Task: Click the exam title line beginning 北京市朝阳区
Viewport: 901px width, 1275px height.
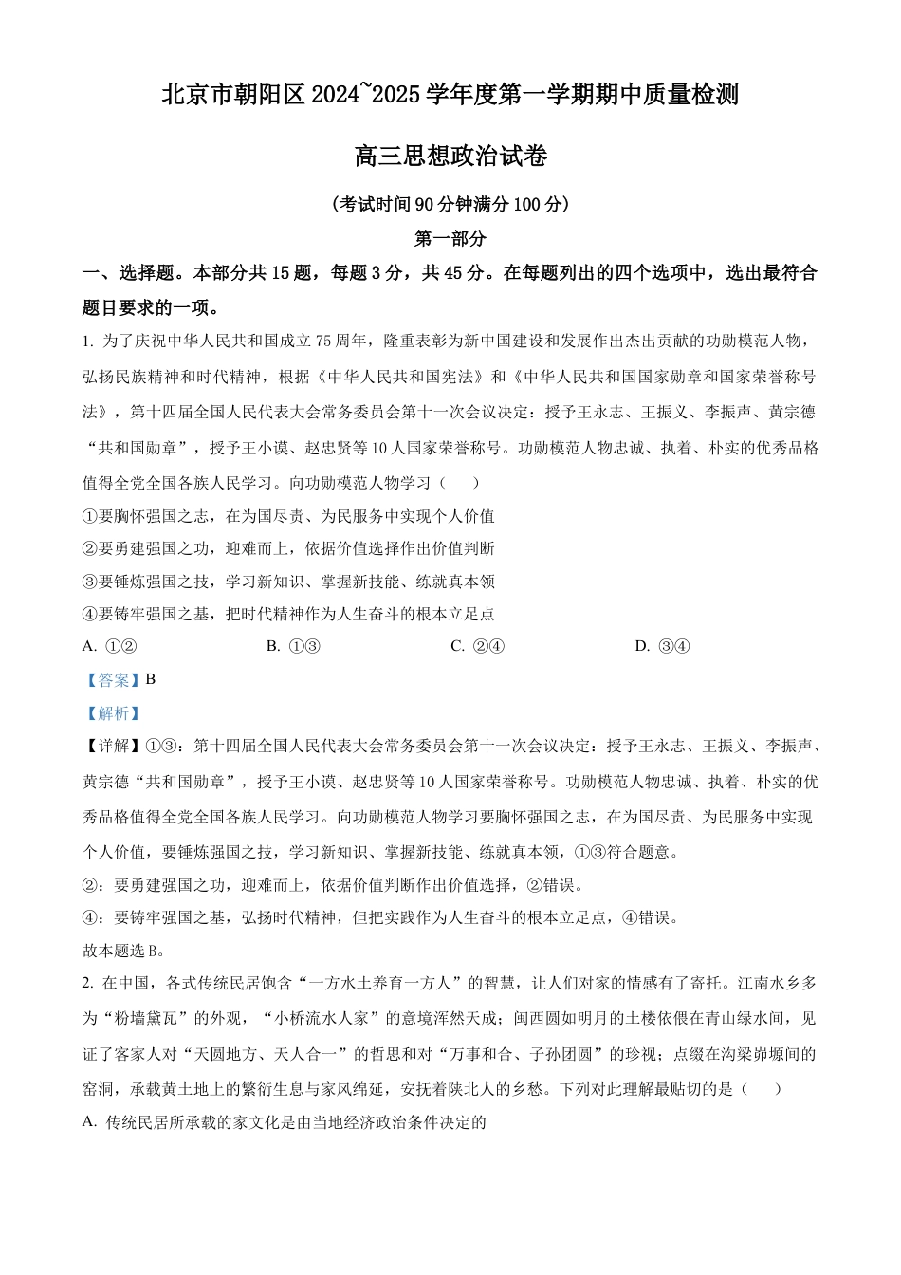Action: (450, 95)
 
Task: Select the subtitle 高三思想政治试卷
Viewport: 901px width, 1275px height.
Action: (450, 156)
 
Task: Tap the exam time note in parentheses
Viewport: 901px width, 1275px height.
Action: (450, 204)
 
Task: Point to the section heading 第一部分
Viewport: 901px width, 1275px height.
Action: (450, 238)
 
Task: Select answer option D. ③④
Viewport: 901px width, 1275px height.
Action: (662, 646)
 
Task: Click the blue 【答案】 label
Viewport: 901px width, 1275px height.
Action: (111, 679)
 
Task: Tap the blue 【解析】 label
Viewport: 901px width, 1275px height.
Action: (111, 713)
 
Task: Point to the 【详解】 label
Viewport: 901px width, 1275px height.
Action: (111, 746)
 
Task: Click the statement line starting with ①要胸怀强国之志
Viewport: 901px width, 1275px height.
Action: (288, 517)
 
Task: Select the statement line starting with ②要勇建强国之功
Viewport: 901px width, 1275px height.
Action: (288, 548)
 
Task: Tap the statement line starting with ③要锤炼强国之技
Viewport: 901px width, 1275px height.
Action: (288, 582)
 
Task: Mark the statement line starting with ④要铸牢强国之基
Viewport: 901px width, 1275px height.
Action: (288, 614)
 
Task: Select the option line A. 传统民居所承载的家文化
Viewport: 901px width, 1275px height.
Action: (285, 1122)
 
